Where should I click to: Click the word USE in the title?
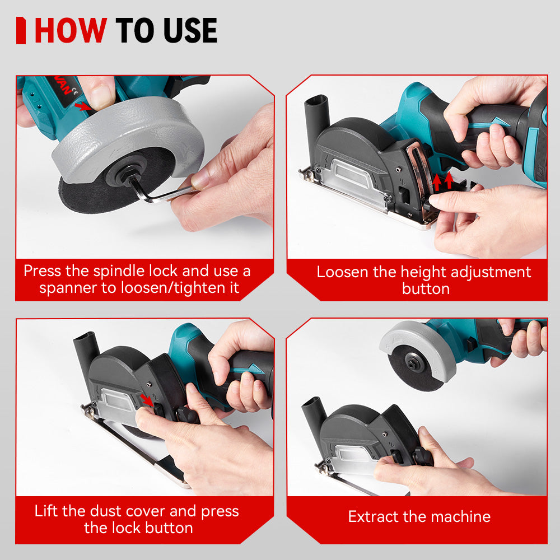[188, 31]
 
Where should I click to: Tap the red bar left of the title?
[21, 31]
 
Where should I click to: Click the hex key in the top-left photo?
[162, 193]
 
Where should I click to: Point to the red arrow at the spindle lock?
[82, 105]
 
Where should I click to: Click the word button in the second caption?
[426, 289]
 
